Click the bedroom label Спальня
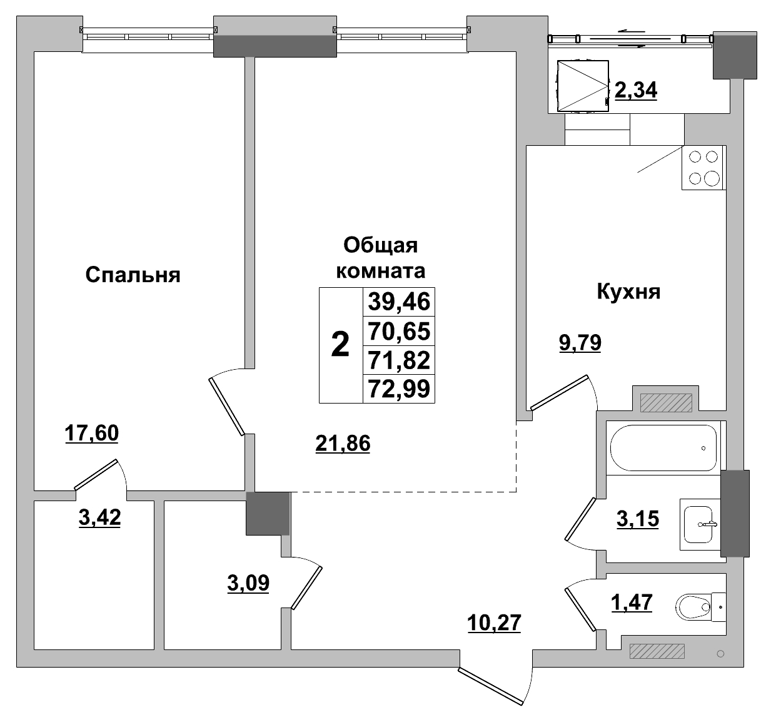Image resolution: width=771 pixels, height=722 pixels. (x=133, y=275)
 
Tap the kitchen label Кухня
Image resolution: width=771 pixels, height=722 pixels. (x=628, y=292)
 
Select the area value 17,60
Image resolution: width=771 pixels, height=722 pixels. (x=92, y=433)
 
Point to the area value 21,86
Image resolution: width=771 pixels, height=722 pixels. (x=343, y=444)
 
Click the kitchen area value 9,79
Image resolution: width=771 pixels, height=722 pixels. (x=580, y=343)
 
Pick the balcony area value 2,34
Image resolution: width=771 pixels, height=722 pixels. (x=636, y=90)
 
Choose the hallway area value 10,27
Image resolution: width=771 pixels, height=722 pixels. (x=494, y=623)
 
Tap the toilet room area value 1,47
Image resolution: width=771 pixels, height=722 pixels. (x=632, y=603)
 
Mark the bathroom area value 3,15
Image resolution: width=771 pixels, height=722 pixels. (x=638, y=519)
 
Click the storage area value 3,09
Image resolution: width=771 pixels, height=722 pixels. (x=248, y=583)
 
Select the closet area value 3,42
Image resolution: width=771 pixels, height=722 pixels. (x=100, y=517)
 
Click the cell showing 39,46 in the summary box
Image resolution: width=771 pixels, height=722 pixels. (x=399, y=302)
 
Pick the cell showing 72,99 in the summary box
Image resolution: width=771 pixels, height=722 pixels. (x=399, y=389)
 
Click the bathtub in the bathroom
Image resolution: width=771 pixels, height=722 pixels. (x=663, y=448)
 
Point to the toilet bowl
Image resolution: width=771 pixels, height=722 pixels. (x=693, y=607)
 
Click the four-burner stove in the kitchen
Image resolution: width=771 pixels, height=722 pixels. (x=703, y=168)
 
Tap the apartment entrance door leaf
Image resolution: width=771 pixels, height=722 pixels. (x=491, y=686)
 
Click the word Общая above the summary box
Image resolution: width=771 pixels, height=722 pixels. (x=380, y=246)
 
